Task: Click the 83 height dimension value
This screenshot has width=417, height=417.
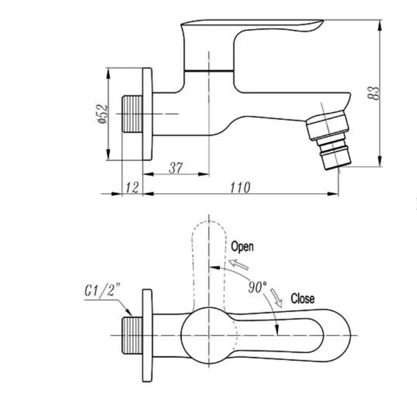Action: [374, 93]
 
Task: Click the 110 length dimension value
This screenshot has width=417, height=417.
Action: [240, 188]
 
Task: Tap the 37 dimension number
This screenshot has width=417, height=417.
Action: [176, 168]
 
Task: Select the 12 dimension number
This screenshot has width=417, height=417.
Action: [132, 188]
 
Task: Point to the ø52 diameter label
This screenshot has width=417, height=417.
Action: [103, 114]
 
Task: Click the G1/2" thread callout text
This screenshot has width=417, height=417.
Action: [102, 290]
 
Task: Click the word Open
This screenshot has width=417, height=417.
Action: [242, 246]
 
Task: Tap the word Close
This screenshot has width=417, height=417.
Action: [302, 299]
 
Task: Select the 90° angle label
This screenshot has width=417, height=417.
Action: [258, 287]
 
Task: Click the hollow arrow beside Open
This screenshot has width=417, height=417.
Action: [239, 264]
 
